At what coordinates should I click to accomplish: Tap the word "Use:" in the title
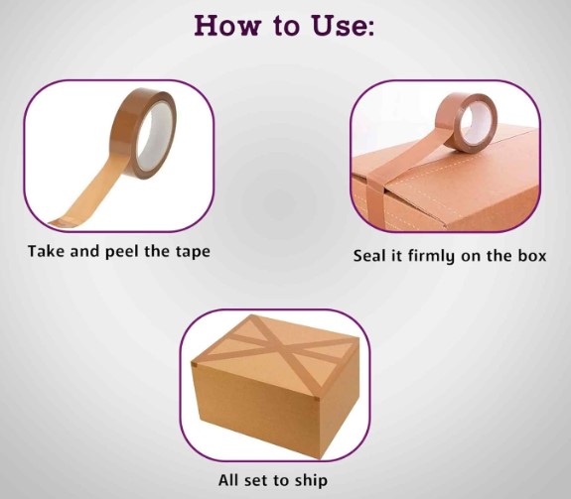[343, 25]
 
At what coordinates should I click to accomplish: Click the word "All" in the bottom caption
[229, 481]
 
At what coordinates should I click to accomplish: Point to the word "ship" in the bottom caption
[310, 481]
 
